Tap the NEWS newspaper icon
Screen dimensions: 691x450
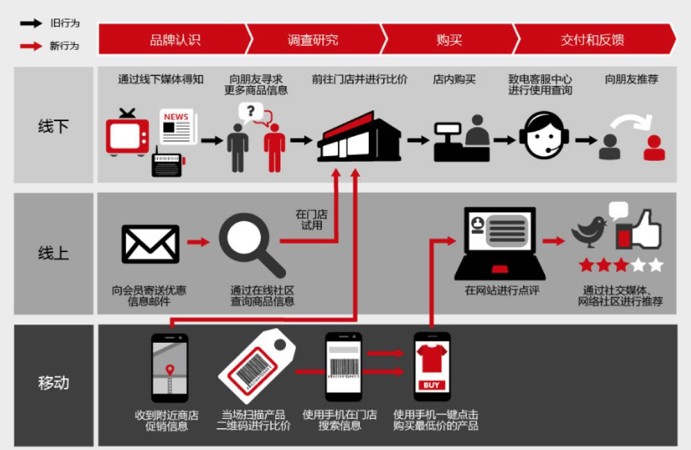click(x=178, y=126)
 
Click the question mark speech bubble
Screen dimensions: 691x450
click(x=250, y=112)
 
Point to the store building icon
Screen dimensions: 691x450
click(x=359, y=137)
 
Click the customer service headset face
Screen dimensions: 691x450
click(x=544, y=135)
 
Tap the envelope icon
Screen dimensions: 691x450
click(x=150, y=244)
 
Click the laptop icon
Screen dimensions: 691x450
click(x=500, y=244)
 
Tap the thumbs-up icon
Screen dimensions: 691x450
click(x=639, y=230)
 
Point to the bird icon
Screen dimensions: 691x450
click(x=589, y=232)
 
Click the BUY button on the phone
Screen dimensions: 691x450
click(x=432, y=385)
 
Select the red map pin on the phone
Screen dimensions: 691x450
click(x=170, y=370)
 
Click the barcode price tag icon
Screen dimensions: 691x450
click(x=257, y=366)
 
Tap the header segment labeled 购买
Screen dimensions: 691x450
click(x=449, y=40)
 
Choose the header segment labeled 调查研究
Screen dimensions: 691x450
click(x=313, y=40)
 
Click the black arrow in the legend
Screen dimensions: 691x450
click(x=31, y=23)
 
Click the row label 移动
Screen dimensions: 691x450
click(x=54, y=383)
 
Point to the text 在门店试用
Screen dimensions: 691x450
click(x=312, y=220)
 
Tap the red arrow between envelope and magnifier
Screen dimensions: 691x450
click(x=199, y=242)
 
